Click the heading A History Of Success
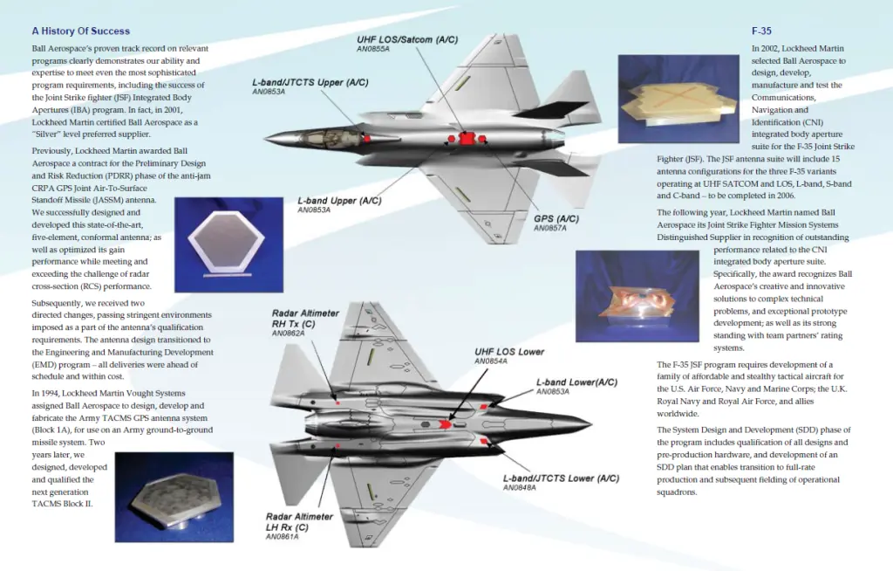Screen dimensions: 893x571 point(81,31)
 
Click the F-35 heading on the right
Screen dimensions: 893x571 point(761,31)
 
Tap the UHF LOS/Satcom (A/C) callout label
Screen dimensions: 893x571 point(407,39)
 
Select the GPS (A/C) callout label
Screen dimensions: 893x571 point(556,218)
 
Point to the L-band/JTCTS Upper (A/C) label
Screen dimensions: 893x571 point(310,82)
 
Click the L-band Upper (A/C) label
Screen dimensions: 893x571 point(339,201)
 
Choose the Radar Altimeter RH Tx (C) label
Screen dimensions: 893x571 point(305,319)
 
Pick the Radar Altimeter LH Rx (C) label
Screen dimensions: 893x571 point(300,521)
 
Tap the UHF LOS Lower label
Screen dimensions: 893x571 point(509,352)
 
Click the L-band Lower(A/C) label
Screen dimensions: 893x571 point(577,382)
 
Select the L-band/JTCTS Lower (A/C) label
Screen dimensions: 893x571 point(561,478)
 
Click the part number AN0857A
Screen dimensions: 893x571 point(550,228)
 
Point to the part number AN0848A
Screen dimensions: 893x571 point(520,488)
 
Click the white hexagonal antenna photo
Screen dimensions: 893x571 point(229,244)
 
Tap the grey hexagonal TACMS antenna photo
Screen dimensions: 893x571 point(174,498)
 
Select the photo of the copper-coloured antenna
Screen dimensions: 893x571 point(637,296)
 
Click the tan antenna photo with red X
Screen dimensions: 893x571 point(678,99)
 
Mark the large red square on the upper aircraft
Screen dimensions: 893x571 point(467,139)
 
